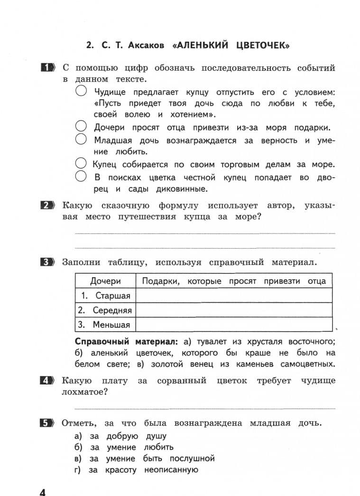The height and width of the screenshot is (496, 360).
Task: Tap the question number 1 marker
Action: coord(48,68)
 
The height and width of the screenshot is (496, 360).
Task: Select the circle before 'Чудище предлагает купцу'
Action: coord(81,91)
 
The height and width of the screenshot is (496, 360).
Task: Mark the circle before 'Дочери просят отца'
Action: coord(81,127)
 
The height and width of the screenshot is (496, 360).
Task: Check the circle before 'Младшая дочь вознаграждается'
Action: coord(81,140)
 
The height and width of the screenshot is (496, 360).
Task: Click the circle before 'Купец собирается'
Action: coord(81,164)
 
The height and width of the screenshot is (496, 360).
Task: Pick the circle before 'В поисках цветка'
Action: coord(81,177)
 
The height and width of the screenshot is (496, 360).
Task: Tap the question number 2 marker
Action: coord(48,206)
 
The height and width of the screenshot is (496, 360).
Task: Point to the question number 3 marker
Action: coord(48,262)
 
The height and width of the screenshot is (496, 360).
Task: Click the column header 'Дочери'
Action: coord(105,281)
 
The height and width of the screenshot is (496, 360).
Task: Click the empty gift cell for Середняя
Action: coord(234,310)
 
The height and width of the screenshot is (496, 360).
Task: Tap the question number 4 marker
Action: coord(48,381)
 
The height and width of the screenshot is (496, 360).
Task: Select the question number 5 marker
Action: coord(48,423)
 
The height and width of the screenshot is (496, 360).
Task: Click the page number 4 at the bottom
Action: coord(41,490)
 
